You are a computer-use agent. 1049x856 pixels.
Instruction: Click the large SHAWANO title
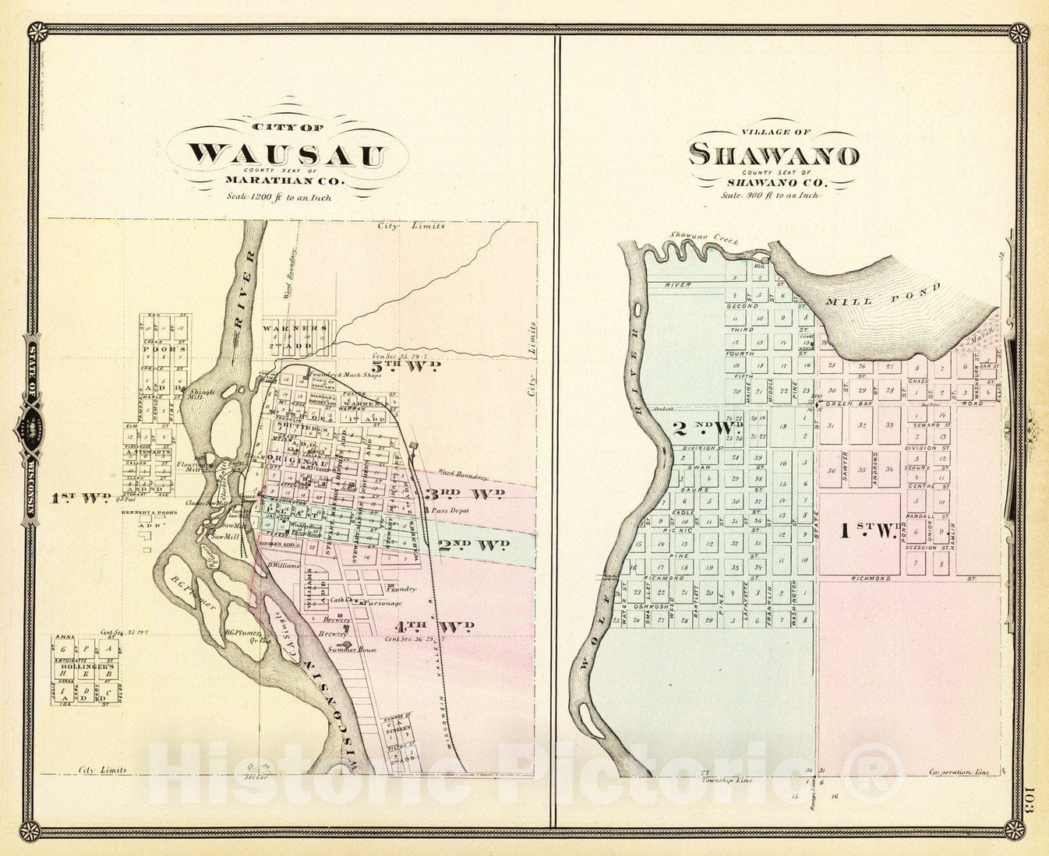tap(774, 155)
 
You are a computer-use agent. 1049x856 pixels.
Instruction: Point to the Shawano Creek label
tap(698, 237)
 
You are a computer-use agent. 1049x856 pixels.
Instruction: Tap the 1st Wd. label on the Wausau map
tap(79, 498)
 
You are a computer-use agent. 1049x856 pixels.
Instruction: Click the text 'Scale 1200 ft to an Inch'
tap(278, 197)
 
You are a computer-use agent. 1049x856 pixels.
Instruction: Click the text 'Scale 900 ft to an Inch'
tap(770, 196)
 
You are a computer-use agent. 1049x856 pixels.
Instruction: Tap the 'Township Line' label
tap(726, 779)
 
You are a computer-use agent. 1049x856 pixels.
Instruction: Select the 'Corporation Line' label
tap(958, 773)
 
